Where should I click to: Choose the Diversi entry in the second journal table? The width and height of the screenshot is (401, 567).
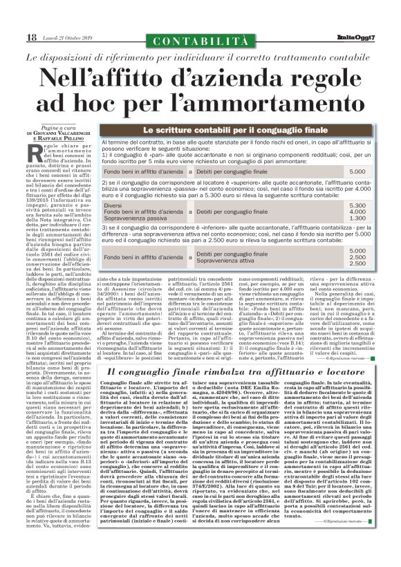pos(131,206)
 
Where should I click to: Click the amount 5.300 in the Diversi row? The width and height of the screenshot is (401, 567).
pos(357,206)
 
